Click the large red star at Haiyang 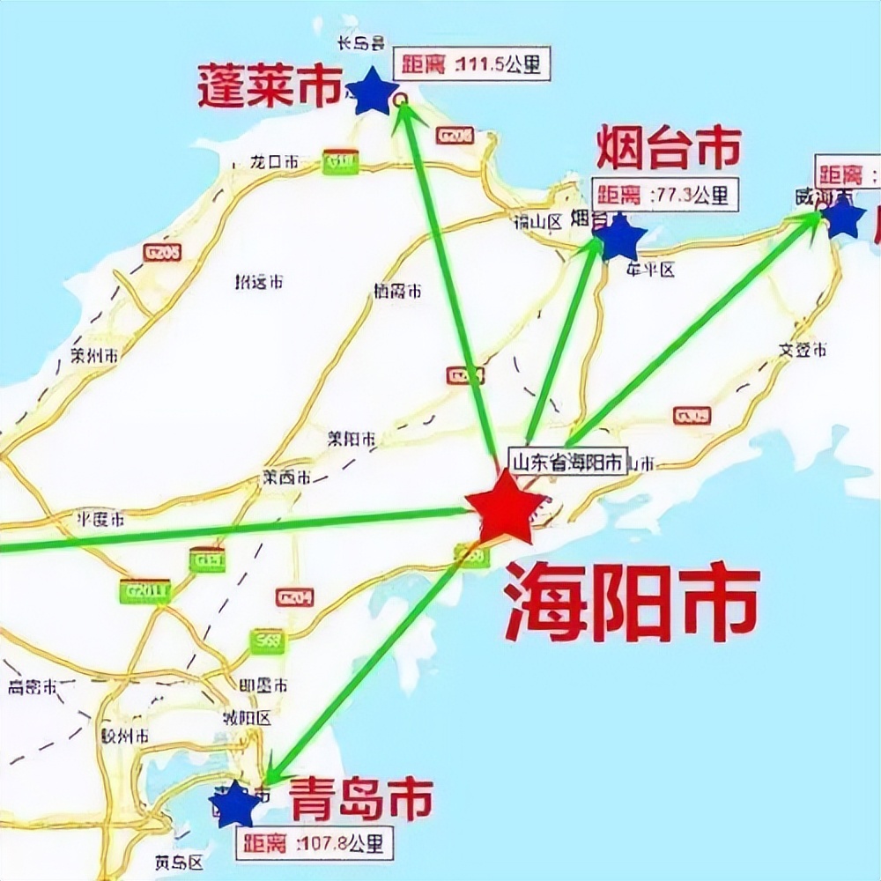[x=505, y=509]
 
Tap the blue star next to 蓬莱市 [x=373, y=92]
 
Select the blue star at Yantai [x=620, y=236]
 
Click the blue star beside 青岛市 [x=235, y=803]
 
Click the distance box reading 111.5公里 [x=472, y=64]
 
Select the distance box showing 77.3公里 [x=665, y=196]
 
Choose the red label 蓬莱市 [x=269, y=88]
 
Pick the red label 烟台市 [x=669, y=148]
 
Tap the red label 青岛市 [x=362, y=798]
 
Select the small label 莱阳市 [x=351, y=438]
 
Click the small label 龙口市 [x=274, y=162]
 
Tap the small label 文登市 [x=803, y=350]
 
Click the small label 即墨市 [x=263, y=685]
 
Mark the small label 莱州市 [x=94, y=357]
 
